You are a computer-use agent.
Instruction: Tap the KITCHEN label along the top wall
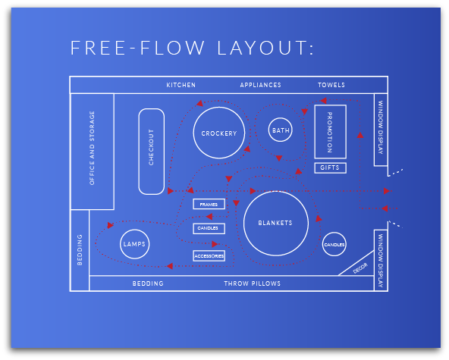(181, 85)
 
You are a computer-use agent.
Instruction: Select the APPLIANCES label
(260, 85)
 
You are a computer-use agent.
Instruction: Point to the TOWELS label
(331, 85)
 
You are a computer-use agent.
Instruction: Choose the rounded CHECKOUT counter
(151, 151)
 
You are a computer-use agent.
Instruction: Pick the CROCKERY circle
(218, 133)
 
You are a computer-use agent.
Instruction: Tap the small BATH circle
(281, 130)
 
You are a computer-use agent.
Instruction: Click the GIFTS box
(329, 167)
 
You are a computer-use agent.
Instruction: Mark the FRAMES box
(209, 205)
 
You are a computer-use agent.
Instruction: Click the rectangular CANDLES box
(209, 228)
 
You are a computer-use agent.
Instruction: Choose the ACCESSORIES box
(209, 256)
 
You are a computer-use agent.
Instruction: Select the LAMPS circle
(133, 244)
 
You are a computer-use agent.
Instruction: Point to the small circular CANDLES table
(334, 245)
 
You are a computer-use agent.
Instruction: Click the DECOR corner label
(360, 268)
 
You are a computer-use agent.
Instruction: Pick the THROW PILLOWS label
(252, 283)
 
